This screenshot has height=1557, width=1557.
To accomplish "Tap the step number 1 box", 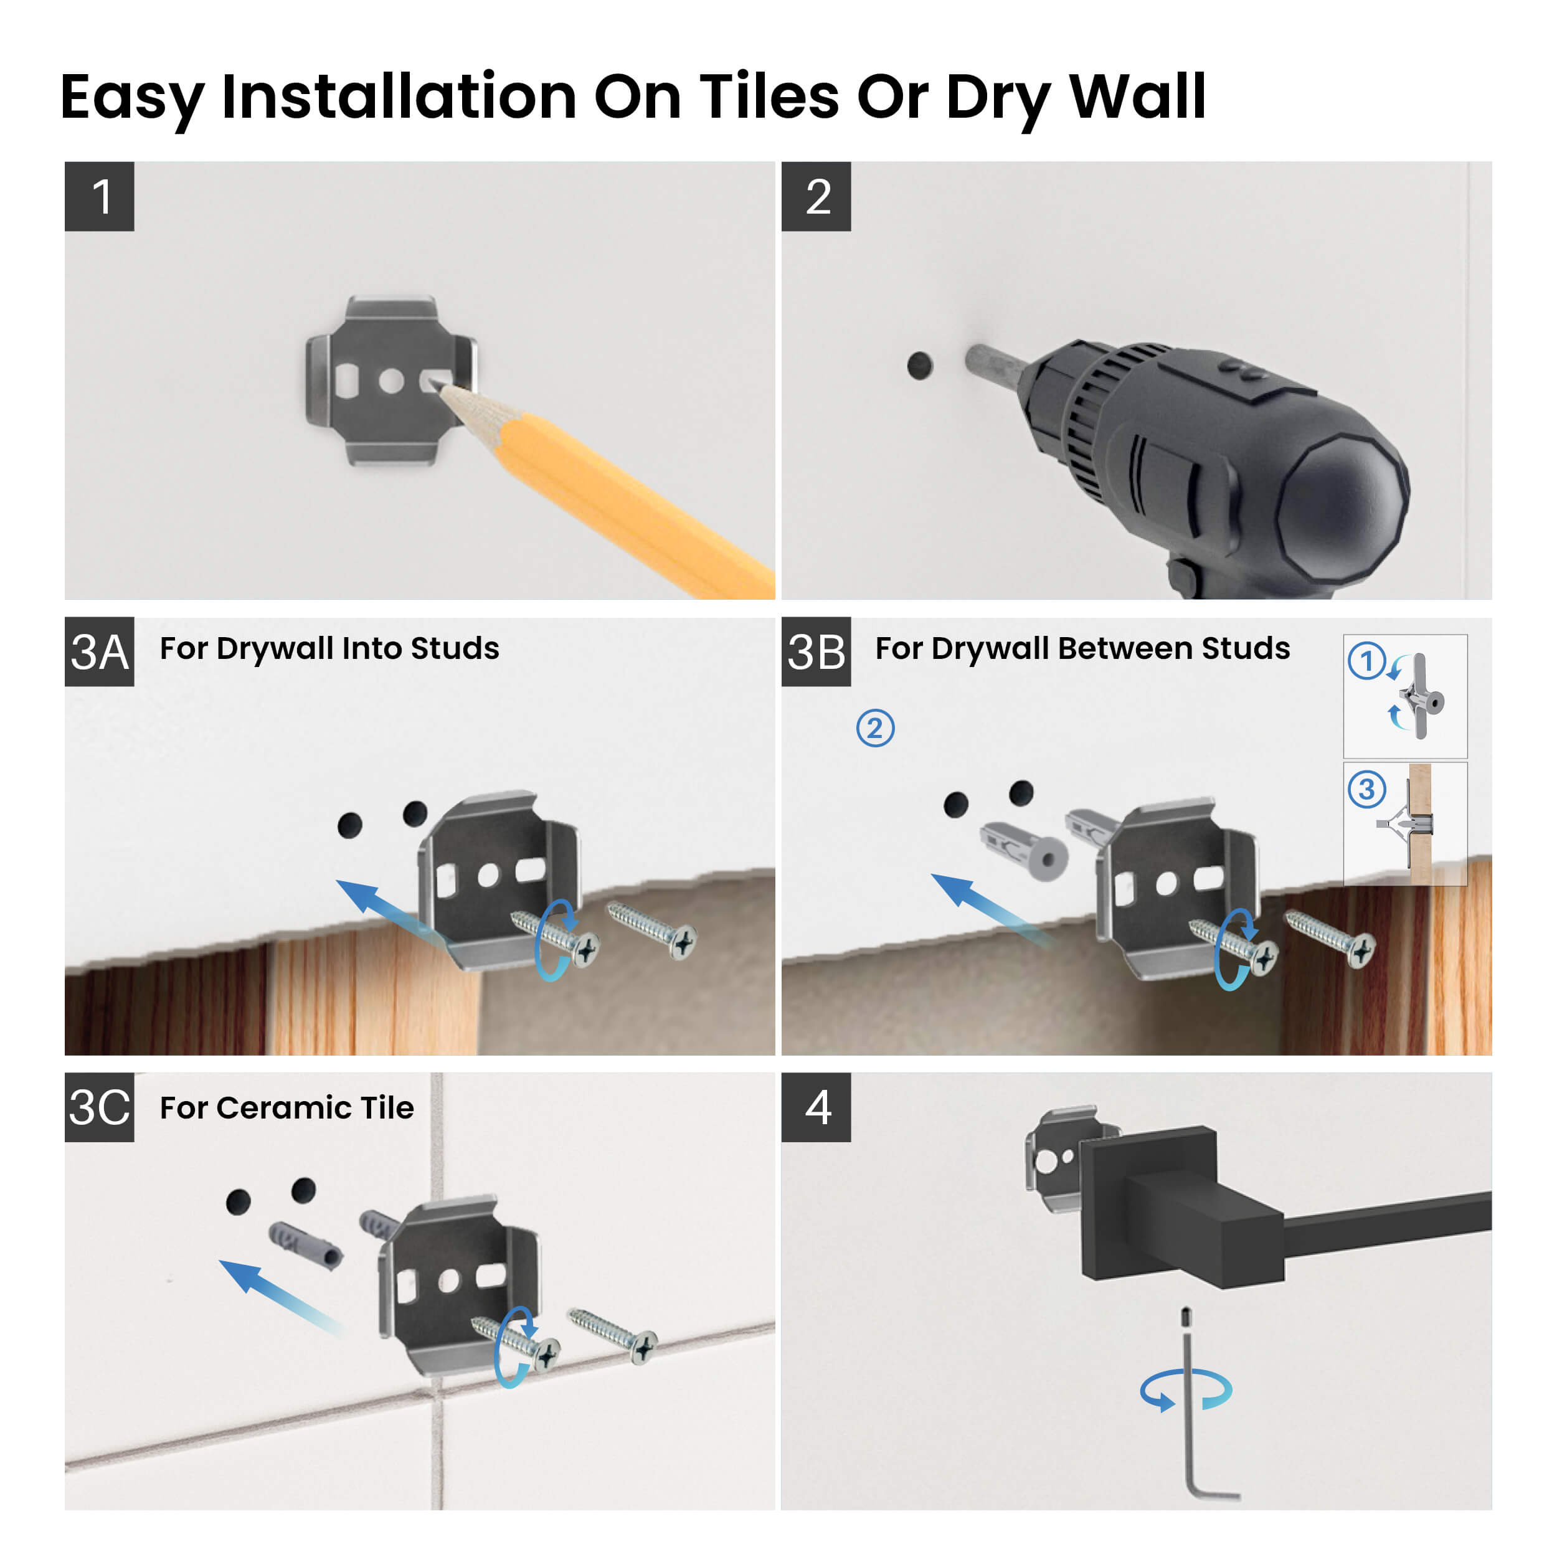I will (99, 197).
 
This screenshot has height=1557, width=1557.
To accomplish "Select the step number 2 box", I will (816, 197).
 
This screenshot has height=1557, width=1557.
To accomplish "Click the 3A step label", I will (99, 652).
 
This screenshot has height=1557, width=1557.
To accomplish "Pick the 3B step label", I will (816, 652).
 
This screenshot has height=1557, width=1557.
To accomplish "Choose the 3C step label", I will (99, 1107).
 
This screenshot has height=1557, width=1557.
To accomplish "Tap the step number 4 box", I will (816, 1107).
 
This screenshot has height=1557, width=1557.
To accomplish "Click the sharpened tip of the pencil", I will (439, 386).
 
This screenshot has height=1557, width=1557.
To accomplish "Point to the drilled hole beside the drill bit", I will (919, 366).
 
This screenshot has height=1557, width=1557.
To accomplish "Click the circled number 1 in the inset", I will (1367, 661).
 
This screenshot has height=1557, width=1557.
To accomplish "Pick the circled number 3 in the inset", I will (1367, 789).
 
